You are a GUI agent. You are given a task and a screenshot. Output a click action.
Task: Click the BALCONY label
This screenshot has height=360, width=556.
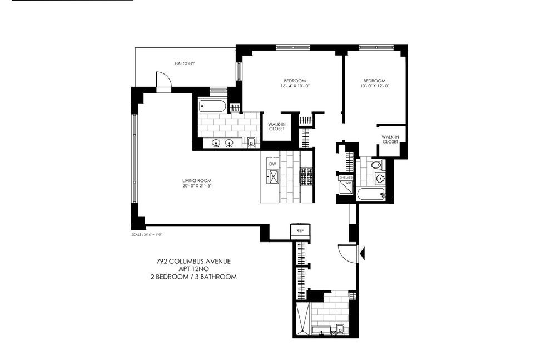pos(185,63)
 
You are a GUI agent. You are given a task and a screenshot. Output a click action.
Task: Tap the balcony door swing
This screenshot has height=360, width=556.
pos(162,81)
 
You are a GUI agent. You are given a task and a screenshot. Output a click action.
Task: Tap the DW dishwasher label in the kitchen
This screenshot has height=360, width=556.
pos(272,165)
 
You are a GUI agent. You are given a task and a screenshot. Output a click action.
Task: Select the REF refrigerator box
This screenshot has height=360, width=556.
pos(299,230)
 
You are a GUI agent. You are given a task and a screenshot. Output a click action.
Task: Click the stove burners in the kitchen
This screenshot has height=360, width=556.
pos(306,176)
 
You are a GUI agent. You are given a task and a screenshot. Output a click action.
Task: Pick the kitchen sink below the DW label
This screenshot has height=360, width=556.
pos(273,177)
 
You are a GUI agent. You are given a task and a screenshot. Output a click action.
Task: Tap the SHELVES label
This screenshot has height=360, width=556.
pos(346,177)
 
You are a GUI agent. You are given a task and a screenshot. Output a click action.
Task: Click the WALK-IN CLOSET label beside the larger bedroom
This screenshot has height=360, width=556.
pos(276,127)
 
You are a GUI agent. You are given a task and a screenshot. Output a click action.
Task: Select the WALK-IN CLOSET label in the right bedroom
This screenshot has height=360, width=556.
pos(390,139)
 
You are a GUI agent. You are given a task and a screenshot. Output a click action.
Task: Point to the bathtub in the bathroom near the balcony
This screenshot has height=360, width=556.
pos(211,106)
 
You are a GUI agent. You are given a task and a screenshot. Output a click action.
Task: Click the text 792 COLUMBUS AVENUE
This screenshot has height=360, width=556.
pos(193,260)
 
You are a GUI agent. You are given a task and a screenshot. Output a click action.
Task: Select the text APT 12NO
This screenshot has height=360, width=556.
pos(193,268)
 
